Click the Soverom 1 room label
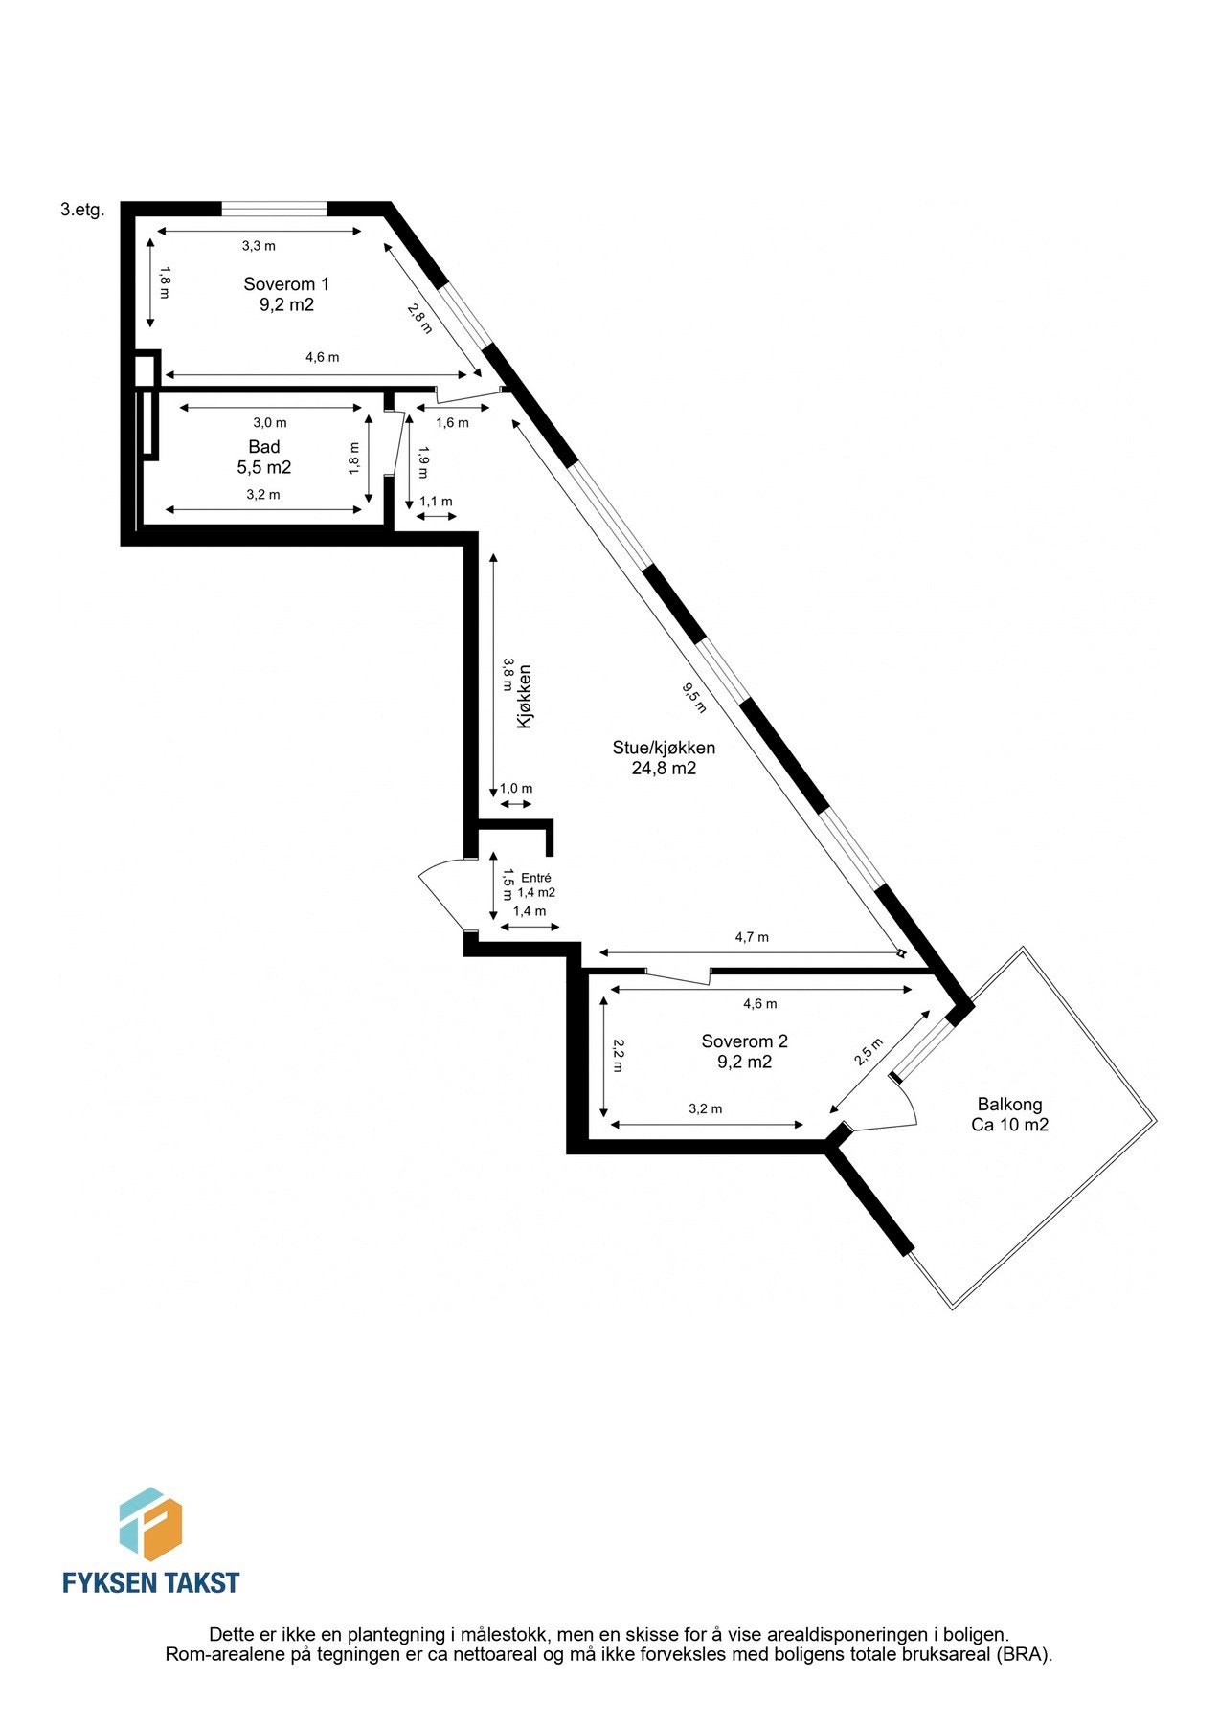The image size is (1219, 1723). pyautogui.click(x=285, y=284)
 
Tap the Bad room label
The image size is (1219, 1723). pyautogui.click(x=264, y=447)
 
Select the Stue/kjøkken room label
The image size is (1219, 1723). pyautogui.click(x=664, y=748)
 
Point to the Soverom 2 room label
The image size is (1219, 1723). pyautogui.click(x=744, y=1041)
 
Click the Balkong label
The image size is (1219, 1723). pyautogui.click(x=1009, y=1104)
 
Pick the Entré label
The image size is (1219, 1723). pyautogui.click(x=536, y=878)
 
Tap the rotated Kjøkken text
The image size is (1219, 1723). pyautogui.click(x=524, y=698)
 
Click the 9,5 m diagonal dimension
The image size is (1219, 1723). pyautogui.click(x=694, y=697)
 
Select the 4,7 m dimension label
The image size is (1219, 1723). pyautogui.click(x=752, y=937)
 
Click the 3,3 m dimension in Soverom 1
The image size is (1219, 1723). pyautogui.click(x=259, y=246)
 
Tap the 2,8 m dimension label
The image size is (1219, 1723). pyautogui.click(x=419, y=318)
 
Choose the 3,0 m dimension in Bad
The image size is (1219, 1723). pyautogui.click(x=269, y=422)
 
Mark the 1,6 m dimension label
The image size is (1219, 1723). pyautogui.click(x=452, y=422)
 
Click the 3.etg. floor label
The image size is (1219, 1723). pyautogui.click(x=82, y=211)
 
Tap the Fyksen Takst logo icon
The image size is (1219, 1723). pyautogui.click(x=150, y=1523)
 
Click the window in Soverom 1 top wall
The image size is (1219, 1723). pyautogui.click(x=274, y=207)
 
